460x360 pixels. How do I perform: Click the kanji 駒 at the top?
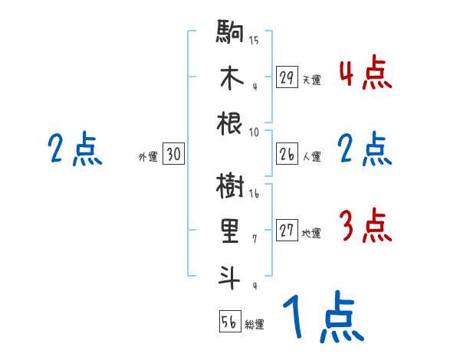point(231,34)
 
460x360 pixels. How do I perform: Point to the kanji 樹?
point(231,186)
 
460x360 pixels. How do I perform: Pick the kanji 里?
point(231,231)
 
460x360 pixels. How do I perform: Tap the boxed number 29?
point(287,77)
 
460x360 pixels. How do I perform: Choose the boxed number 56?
point(229,322)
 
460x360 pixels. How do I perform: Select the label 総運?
point(255,325)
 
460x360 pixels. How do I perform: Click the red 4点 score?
point(365,74)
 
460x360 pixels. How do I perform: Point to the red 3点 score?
point(365,227)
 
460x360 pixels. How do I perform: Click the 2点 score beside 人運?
point(365,149)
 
